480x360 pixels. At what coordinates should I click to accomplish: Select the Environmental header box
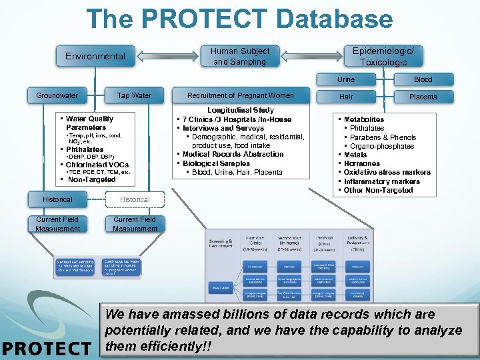95,57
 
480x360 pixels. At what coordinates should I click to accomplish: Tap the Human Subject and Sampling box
240,57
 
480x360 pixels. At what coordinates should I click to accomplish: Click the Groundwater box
57,95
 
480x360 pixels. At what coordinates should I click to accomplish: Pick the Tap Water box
134,95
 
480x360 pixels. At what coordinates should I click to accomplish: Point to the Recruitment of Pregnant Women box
240,95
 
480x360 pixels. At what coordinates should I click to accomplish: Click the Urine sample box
346,79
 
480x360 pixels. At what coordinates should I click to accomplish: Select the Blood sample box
423,79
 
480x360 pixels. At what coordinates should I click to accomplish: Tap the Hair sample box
346,97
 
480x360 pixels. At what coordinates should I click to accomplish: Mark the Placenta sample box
423,97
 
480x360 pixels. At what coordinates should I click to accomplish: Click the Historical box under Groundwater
57,199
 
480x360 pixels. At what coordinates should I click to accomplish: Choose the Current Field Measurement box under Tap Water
135,224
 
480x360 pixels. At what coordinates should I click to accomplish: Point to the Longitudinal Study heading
240,110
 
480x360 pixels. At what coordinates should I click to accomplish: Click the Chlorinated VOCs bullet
97,165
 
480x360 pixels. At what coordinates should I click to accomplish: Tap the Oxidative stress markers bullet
387,172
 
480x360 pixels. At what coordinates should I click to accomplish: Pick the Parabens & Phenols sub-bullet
383,137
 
